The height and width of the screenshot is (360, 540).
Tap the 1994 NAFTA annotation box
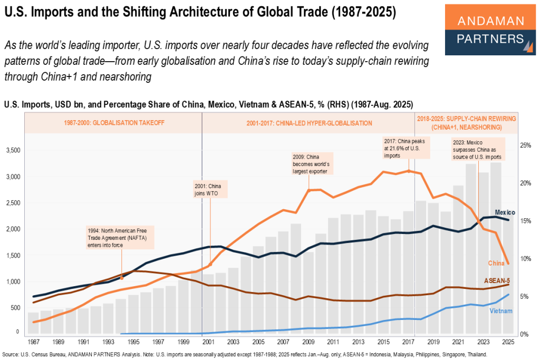click(x=121, y=238)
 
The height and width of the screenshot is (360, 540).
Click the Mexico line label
click(x=505, y=212)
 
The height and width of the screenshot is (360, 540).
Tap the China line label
click(x=496, y=262)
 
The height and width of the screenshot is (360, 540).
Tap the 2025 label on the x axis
click(x=509, y=342)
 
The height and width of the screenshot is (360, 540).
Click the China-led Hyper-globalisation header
click(x=309, y=123)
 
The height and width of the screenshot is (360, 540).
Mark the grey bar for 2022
click(x=471, y=248)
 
